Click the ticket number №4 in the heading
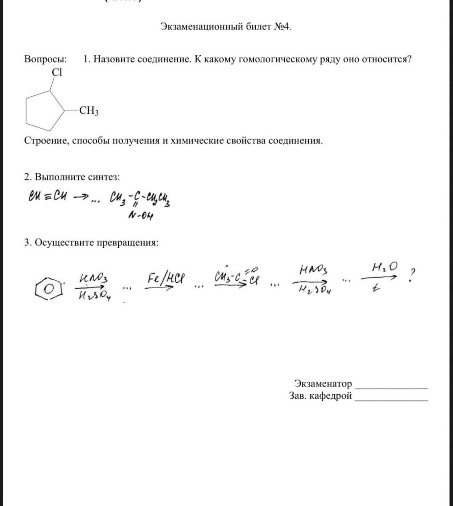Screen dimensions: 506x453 [x=282, y=26]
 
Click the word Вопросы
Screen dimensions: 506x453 [x=45, y=59]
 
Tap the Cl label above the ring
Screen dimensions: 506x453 [x=57, y=72]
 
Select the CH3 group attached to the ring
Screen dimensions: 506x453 [x=88, y=111]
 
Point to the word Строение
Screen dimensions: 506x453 [x=46, y=141]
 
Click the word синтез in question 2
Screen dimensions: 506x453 [x=104, y=177]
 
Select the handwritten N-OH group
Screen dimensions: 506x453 [x=140, y=216]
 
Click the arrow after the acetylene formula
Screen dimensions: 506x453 [x=81, y=197]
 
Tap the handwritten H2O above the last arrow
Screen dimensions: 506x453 [x=384, y=267]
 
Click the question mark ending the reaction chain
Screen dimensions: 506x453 [x=411, y=275]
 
